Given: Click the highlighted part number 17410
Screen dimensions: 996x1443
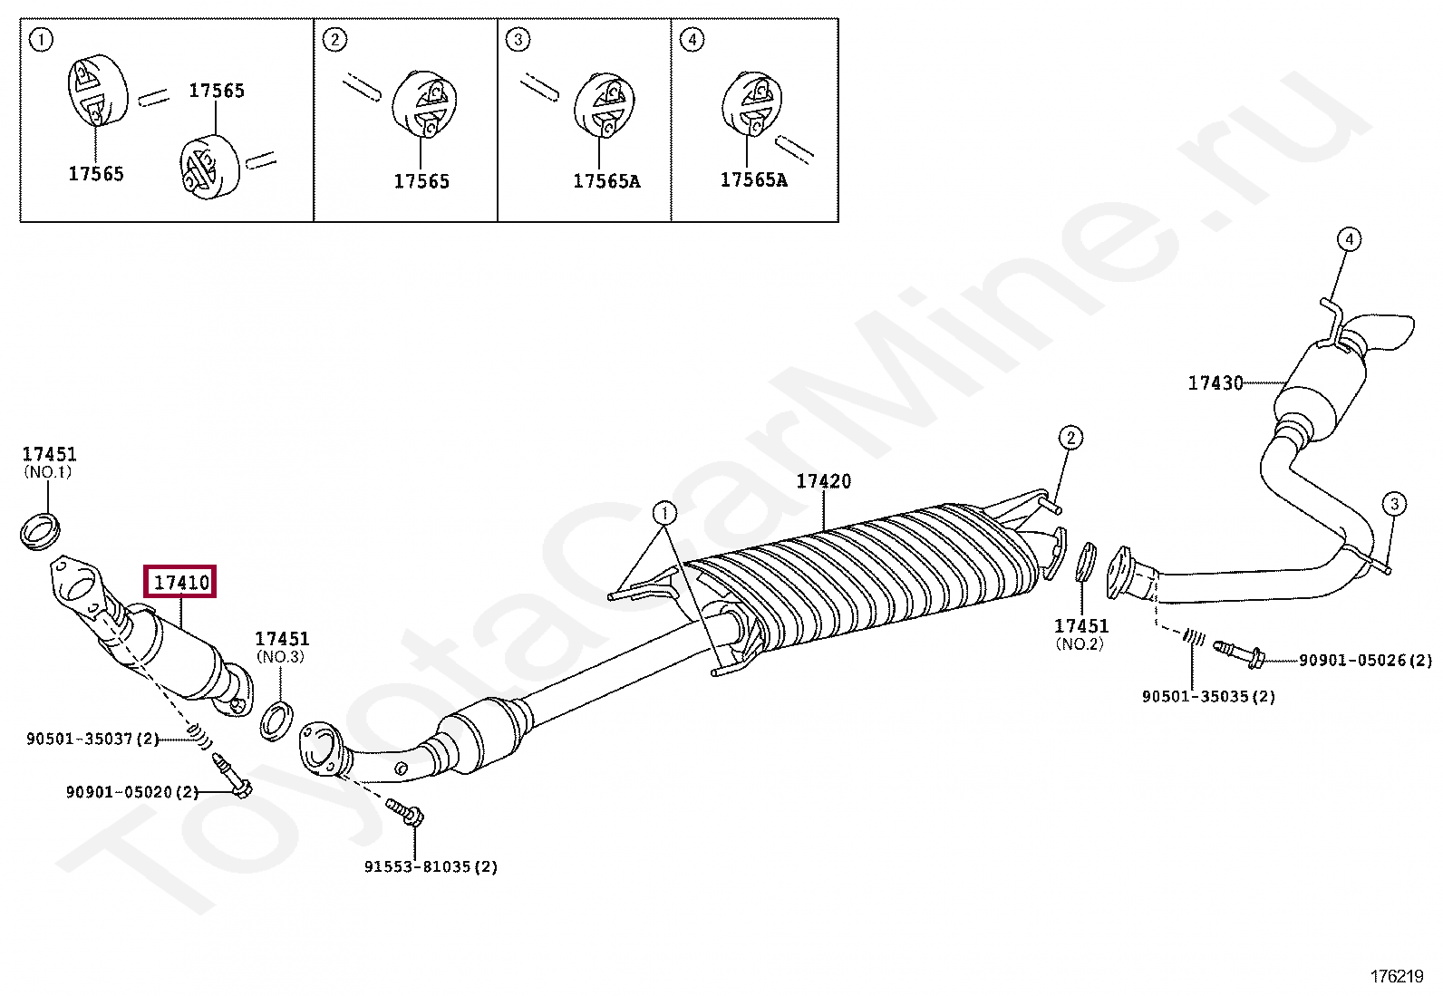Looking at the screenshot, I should click(181, 582).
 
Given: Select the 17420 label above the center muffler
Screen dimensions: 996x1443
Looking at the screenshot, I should click(823, 481).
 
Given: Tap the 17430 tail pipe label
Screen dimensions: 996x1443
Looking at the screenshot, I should click(1215, 383).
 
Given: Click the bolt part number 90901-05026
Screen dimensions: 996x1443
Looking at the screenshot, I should click(1365, 661).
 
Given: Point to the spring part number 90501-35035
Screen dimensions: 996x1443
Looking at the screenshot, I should click(1208, 697).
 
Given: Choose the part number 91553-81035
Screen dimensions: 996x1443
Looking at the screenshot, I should click(431, 867).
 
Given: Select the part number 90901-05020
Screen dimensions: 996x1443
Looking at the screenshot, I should click(131, 792).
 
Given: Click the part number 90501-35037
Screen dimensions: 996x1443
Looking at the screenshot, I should click(92, 740).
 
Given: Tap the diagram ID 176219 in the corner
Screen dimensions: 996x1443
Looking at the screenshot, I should click(1397, 977).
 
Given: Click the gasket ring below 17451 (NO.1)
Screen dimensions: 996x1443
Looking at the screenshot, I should click(39, 530).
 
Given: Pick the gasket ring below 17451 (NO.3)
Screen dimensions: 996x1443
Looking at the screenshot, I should click(277, 720).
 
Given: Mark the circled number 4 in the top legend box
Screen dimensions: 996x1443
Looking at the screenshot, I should click(692, 40).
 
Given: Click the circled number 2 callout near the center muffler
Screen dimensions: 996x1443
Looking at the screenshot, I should click(1070, 439).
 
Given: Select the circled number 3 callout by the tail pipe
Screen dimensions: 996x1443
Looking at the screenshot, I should click(1394, 505).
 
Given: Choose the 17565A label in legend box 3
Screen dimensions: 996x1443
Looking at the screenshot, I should click(605, 181).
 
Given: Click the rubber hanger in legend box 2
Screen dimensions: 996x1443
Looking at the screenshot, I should click(424, 105).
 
